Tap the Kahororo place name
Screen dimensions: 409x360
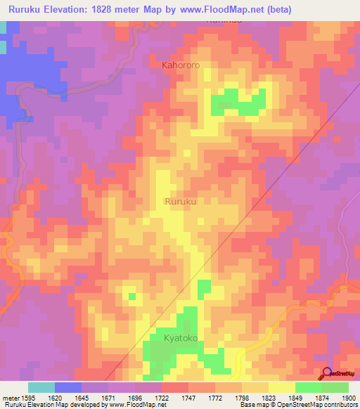point(181,65)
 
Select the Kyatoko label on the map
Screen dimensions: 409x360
point(182,339)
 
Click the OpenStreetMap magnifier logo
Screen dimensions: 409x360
point(327,374)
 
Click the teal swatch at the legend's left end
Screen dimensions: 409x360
point(41,387)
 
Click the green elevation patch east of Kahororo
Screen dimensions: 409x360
point(239,103)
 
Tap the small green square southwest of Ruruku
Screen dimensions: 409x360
point(131,297)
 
